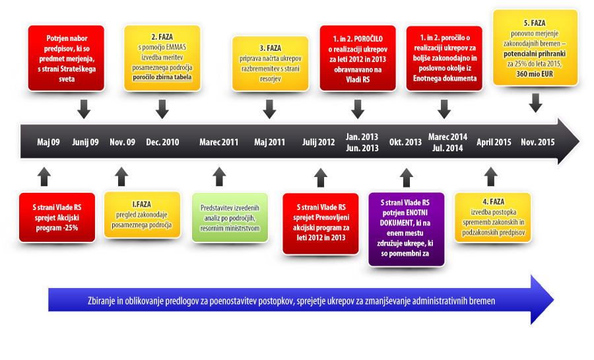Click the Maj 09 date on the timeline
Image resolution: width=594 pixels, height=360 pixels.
48,142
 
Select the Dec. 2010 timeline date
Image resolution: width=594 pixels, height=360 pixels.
162,142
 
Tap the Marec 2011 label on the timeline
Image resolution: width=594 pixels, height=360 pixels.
219,142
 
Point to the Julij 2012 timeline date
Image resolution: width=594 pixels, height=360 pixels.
319,142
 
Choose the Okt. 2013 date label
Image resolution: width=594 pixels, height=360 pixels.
405,142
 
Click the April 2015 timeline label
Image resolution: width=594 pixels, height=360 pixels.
494,142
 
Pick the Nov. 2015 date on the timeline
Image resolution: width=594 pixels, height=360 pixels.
537,142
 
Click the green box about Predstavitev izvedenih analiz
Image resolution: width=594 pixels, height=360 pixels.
230,217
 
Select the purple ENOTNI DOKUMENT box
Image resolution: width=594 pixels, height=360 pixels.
406,229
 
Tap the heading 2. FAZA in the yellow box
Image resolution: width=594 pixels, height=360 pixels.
162,37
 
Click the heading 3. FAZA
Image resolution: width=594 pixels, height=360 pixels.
271,48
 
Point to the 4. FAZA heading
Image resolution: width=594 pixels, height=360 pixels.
493,201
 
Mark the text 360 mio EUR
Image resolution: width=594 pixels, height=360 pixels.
535,74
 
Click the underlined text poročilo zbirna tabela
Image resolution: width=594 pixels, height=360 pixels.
162,77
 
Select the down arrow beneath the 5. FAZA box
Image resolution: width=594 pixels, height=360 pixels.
535,103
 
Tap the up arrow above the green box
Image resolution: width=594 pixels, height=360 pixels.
219,176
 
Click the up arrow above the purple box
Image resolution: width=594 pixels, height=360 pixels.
407,177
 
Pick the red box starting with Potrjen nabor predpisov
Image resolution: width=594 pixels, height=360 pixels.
66,58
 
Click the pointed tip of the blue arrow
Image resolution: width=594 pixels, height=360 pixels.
554,300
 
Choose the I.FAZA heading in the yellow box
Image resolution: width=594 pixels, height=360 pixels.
141,204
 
